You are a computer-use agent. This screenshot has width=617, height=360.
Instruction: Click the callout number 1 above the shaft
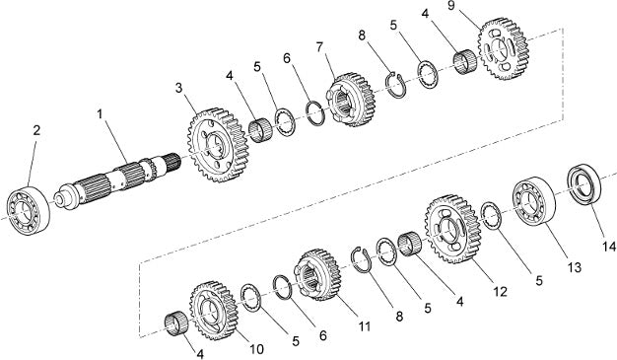pos(100,114)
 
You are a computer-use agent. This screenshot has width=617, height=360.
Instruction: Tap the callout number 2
pos(36,130)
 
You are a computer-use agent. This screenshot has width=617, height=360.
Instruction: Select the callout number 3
pos(179,88)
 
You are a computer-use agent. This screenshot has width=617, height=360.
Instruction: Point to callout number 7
pos(319,47)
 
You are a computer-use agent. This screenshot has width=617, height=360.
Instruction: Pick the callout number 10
pos(256,349)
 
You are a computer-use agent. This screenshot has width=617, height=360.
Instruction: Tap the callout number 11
pos(365,326)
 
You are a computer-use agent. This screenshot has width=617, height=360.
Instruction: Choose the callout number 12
pos(500,292)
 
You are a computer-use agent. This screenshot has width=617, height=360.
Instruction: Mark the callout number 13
pos(574,267)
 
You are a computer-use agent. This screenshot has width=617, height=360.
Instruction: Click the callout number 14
pos(608,247)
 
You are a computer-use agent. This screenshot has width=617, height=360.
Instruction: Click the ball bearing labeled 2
pos(29,210)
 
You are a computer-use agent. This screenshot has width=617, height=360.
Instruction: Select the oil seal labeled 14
pos(583,184)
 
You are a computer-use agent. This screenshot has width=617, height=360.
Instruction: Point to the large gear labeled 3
pos(218,145)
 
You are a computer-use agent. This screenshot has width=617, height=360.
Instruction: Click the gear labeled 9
pos(504,48)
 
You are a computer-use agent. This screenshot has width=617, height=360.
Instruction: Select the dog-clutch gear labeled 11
pos(317,274)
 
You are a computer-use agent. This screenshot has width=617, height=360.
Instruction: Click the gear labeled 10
pos(215,311)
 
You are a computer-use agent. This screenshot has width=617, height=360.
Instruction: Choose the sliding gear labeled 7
pos(350,100)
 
